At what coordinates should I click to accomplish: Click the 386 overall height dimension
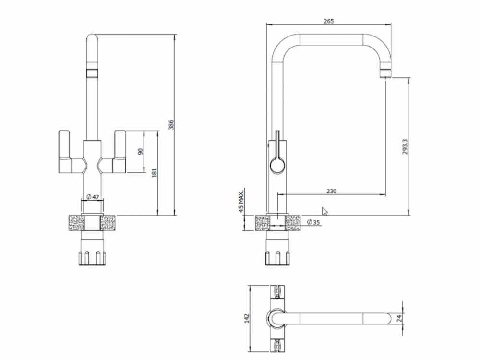click(x=171, y=125)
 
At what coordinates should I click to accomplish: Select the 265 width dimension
click(x=328, y=21)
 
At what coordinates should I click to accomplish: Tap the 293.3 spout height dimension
click(x=405, y=146)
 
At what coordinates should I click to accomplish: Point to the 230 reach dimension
click(x=331, y=191)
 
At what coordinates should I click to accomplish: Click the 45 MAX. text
click(x=241, y=200)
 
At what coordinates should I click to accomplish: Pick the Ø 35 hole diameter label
click(x=313, y=222)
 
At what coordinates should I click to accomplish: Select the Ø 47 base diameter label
click(x=93, y=197)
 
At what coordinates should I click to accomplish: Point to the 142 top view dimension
click(x=246, y=318)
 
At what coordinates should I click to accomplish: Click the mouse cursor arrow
click(x=324, y=211)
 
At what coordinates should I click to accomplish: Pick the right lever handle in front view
click(x=119, y=151)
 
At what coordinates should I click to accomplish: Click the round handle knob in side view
click(x=277, y=166)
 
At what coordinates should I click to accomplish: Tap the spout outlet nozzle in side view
click(x=386, y=73)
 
